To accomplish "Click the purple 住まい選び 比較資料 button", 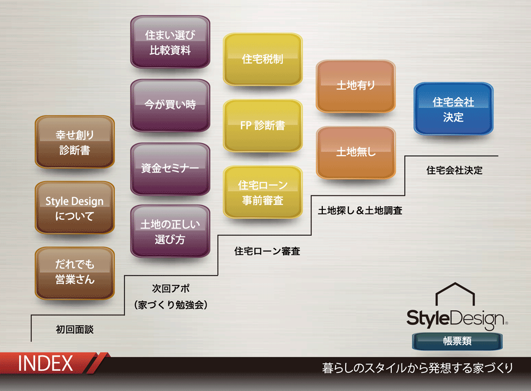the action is [170, 42].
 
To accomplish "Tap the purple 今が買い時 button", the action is [170, 105].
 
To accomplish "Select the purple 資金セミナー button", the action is [170, 169].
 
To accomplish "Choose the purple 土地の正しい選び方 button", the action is [170, 231].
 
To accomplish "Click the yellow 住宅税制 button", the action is [262, 59].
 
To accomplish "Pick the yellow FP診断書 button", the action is [262, 126].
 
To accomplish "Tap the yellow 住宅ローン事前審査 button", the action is [262, 192].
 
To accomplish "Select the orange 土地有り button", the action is [356, 86].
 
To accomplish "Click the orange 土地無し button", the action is [356, 152].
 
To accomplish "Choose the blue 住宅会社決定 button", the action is [453, 108].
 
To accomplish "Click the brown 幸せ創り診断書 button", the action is [74, 142].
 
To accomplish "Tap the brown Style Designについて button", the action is [74, 208].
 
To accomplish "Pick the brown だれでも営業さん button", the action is [74, 273].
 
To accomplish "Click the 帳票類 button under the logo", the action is [457, 341].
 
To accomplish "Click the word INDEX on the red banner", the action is [45, 363].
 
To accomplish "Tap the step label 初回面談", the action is [74, 329].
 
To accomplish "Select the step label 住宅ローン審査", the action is [267, 251].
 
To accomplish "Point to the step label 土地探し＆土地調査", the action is [360, 210].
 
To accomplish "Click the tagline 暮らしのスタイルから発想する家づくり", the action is [417, 368].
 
